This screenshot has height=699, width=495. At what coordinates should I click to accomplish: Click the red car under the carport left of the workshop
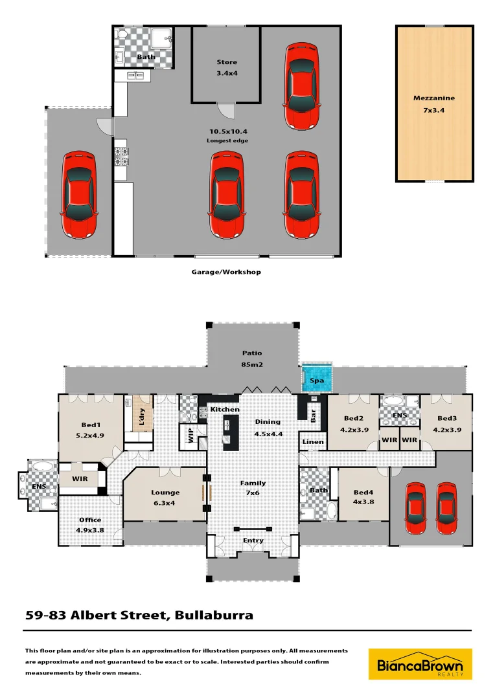click(x=79, y=194)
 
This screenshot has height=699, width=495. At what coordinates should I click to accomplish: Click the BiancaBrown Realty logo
click(x=420, y=663)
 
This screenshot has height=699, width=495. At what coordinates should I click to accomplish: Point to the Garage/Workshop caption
click(x=226, y=272)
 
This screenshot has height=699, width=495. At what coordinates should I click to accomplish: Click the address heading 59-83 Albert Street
click(x=139, y=615)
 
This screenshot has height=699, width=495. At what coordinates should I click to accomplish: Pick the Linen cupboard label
click(x=312, y=442)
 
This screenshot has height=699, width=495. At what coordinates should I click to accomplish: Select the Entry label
click(x=253, y=540)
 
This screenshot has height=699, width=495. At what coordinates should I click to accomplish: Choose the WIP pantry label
click(x=191, y=436)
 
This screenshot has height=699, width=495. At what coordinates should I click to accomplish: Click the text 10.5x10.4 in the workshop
click(x=227, y=132)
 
